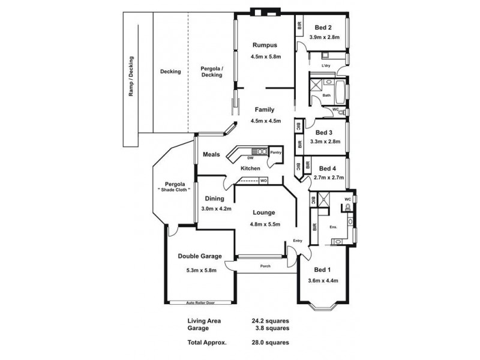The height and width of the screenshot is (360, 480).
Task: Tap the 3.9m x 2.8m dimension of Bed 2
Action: pyautogui.click(x=324, y=37)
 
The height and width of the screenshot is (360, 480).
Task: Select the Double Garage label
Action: pyautogui.click(x=200, y=256)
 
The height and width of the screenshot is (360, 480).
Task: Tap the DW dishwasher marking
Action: pyautogui.click(x=250, y=158)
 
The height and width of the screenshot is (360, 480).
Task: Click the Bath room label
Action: pyautogui.click(x=326, y=95)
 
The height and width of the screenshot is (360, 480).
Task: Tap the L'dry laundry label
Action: pyautogui.click(x=326, y=65)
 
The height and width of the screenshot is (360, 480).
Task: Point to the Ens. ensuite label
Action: pyautogui.click(x=333, y=227)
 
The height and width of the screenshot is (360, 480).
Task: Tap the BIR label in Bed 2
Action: pyautogui.click(x=299, y=25)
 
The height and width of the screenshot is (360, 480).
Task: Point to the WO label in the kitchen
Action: pyautogui.click(x=263, y=180)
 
